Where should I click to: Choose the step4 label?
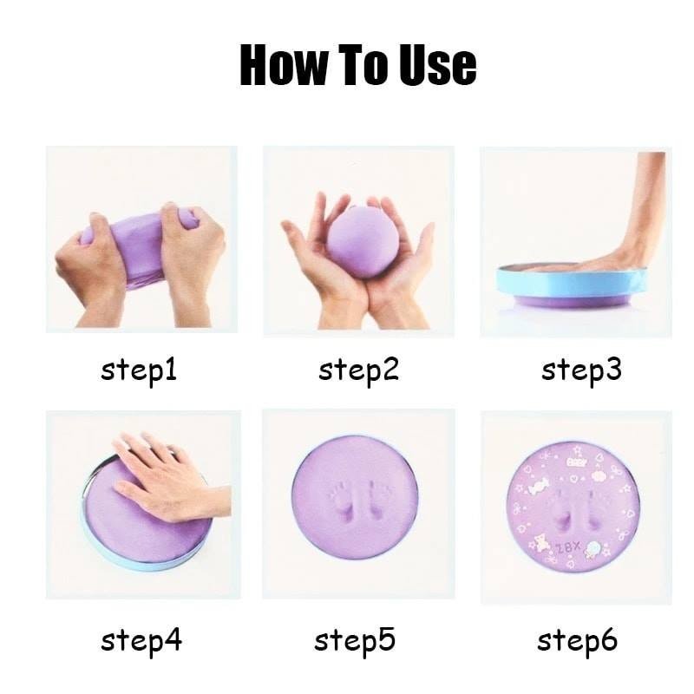141,641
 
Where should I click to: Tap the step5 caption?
355,641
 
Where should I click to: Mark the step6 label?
577,641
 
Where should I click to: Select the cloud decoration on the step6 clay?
597,547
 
